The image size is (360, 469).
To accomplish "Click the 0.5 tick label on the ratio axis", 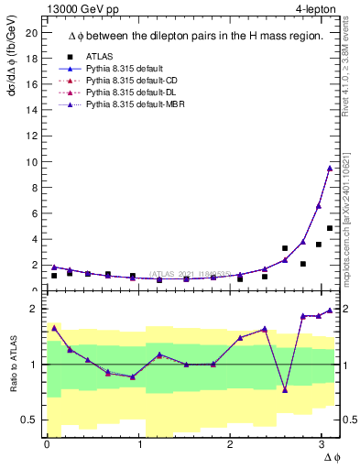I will (29, 420).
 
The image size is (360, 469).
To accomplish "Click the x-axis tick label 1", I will (139, 444).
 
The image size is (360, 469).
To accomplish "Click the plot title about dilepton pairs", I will (194, 36).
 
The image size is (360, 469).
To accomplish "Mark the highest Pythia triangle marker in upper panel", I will (329, 168).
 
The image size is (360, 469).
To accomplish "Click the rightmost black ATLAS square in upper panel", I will (329, 228).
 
